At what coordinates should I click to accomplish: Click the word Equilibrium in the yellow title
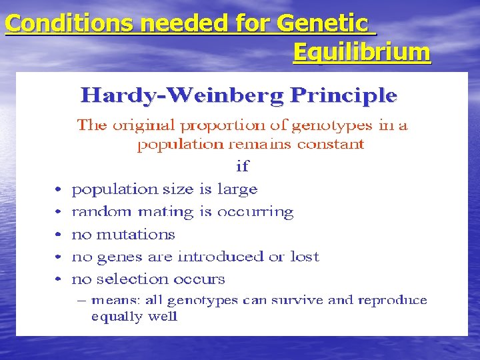[x=361, y=52]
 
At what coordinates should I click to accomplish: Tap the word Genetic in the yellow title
[x=321, y=24]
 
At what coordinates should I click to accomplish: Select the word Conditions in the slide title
[x=49, y=24]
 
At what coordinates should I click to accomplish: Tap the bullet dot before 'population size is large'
[x=59, y=191]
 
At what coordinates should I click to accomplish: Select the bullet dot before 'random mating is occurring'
[x=59, y=213]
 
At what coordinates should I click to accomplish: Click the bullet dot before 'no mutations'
[x=59, y=235]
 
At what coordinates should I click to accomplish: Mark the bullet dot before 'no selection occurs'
[x=59, y=279]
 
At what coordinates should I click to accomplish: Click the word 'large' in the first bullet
[x=237, y=190]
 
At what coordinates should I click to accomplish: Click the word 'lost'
[x=306, y=257]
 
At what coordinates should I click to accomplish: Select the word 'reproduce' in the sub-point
[x=392, y=300]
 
